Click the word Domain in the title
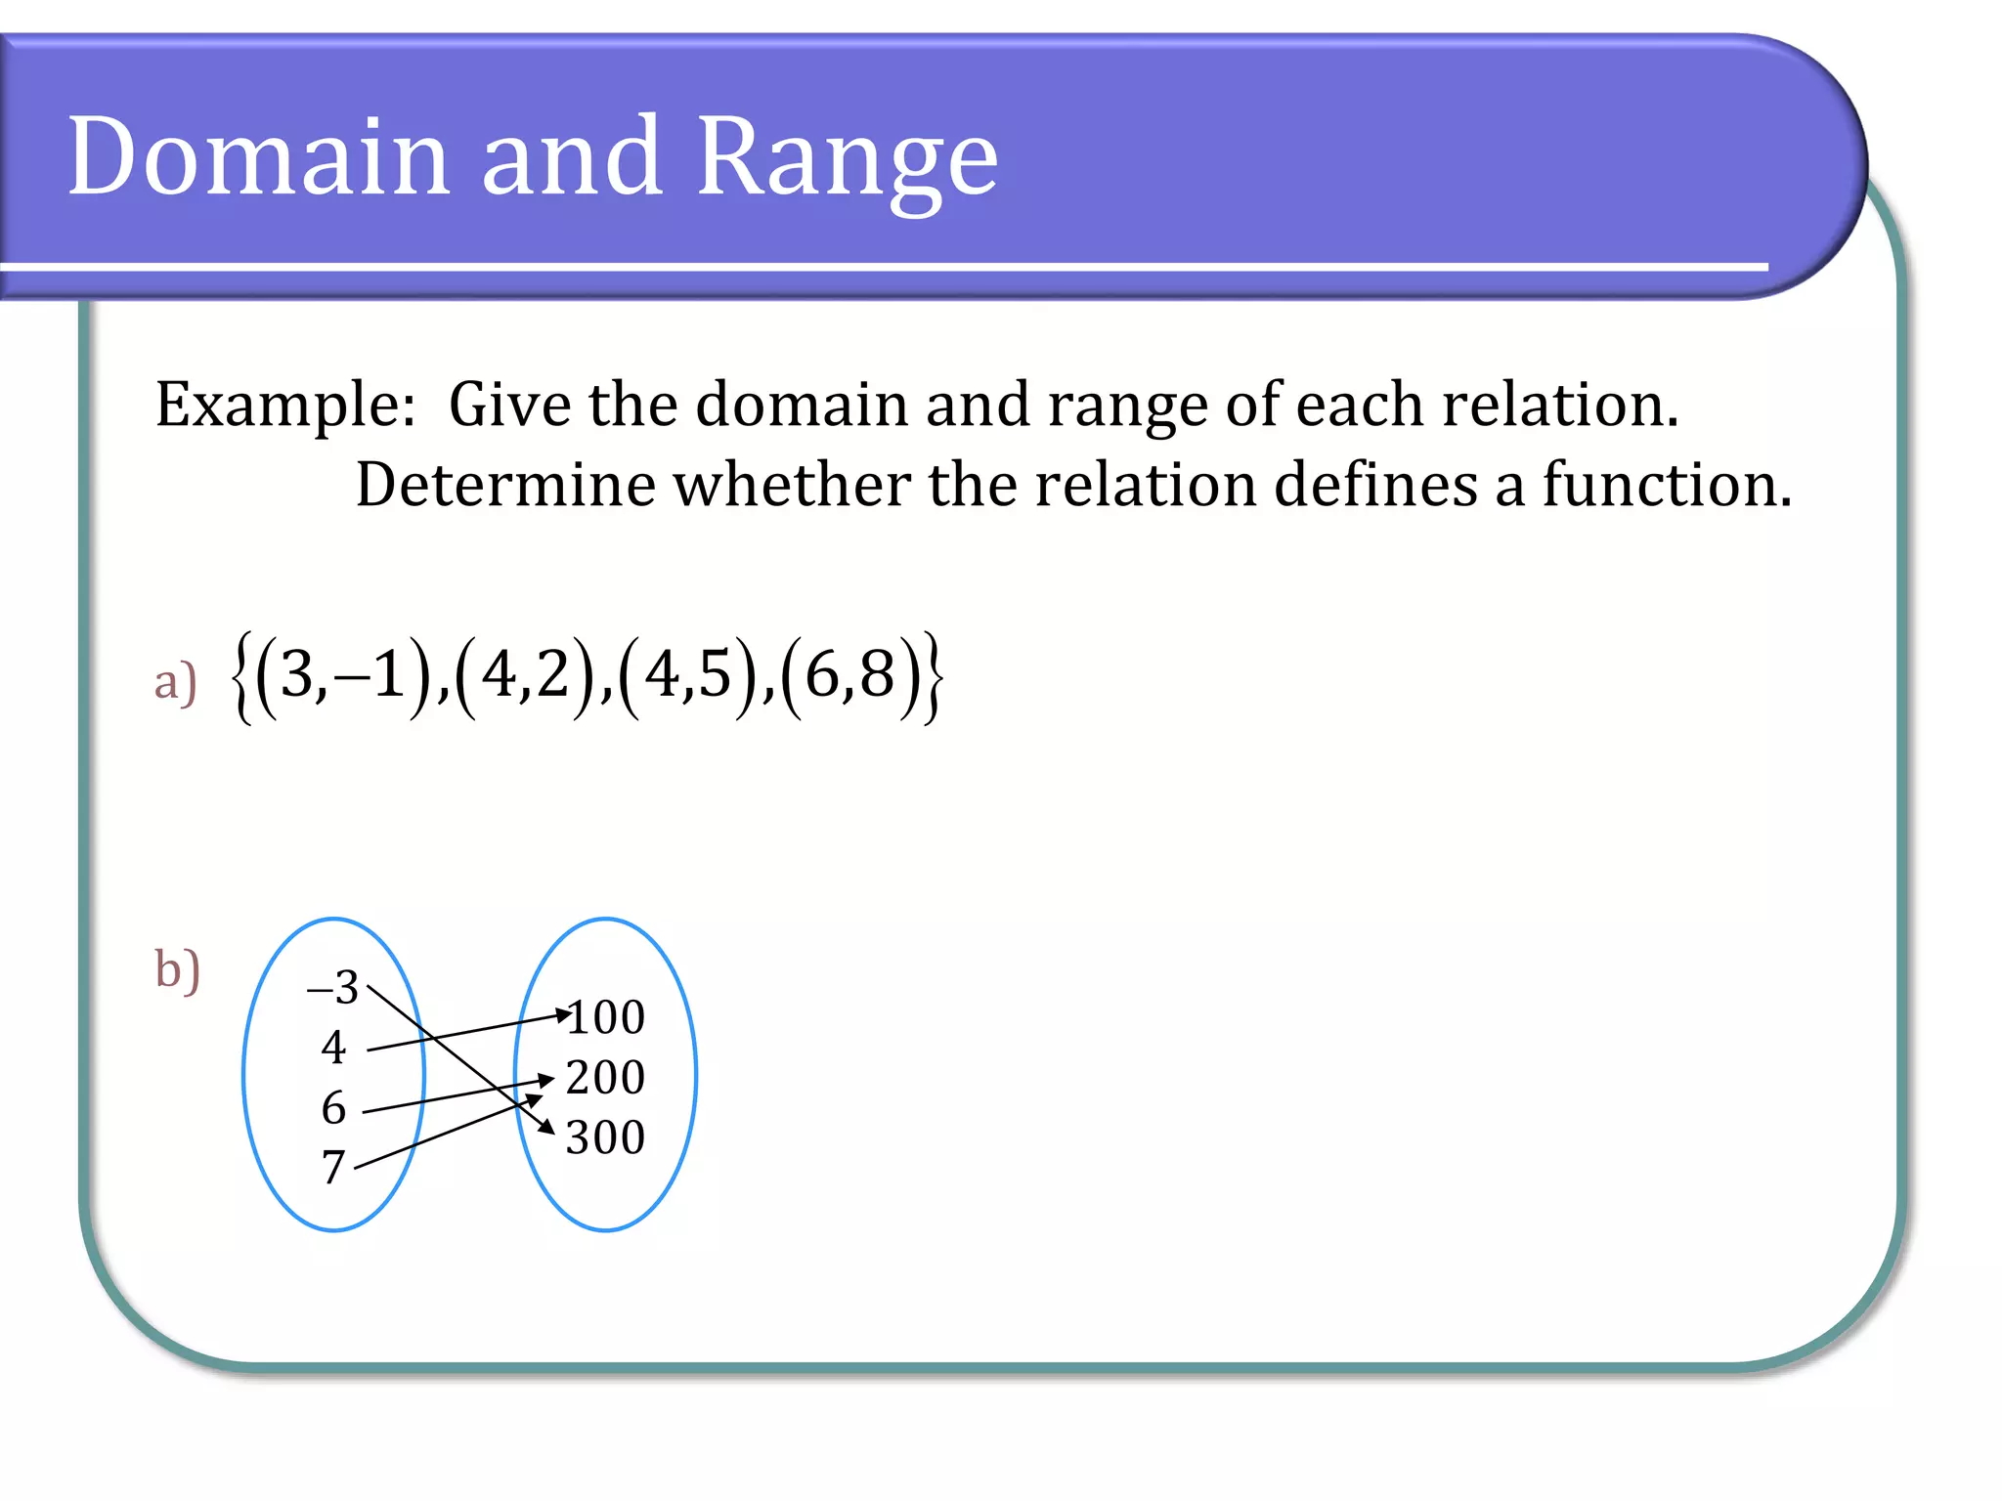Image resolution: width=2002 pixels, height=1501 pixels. click(x=258, y=156)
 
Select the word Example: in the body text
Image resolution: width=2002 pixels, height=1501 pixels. click(x=285, y=405)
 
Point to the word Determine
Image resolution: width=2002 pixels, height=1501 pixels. click(x=504, y=485)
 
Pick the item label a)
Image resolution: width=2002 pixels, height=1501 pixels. click(x=175, y=681)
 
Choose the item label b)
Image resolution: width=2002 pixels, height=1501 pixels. click(x=177, y=969)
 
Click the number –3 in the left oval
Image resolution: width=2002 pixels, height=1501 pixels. click(x=333, y=987)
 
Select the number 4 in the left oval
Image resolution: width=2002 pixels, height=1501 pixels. click(x=333, y=1048)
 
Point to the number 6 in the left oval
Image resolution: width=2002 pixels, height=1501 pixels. click(x=333, y=1108)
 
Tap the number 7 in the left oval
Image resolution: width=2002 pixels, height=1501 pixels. click(x=333, y=1167)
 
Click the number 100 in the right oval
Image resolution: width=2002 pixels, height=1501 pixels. click(x=606, y=1017)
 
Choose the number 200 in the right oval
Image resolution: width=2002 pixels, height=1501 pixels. click(x=605, y=1078)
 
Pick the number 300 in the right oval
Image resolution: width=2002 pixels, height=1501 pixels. click(x=605, y=1137)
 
